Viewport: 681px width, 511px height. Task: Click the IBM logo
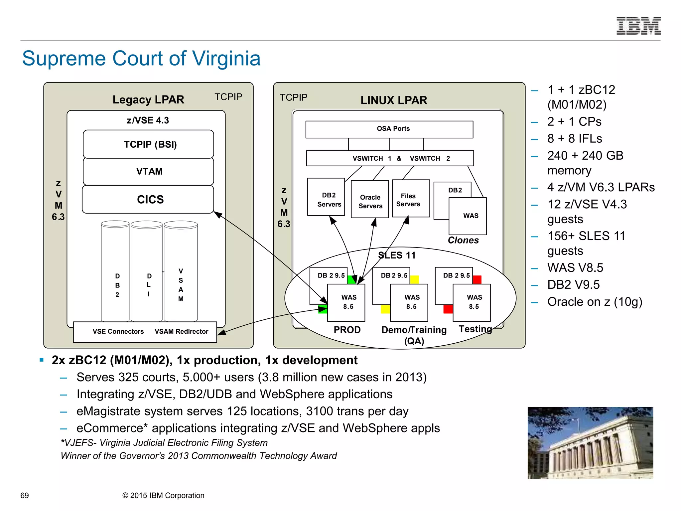(x=638, y=26)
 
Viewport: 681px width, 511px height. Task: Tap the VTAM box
(x=148, y=171)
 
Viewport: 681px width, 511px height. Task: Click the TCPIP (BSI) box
(x=148, y=144)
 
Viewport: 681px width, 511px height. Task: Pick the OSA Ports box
(x=389, y=129)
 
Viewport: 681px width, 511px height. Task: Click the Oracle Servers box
(x=370, y=199)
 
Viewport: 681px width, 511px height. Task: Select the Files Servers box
(x=411, y=199)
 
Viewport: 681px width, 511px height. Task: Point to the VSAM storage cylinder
(x=181, y=271)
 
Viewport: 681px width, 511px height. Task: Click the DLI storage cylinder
(x=146, y=271)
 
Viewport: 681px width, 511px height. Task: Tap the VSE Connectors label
(x=118, y=331)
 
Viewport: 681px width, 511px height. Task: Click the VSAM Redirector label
(x=181, y=331)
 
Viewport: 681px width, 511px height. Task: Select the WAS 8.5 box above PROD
(x=346, y=302)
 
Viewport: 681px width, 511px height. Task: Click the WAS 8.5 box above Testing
(x=472, y=302)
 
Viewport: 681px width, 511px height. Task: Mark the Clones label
(x=463, y=240)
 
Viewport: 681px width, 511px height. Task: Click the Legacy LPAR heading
(x=148, y=99)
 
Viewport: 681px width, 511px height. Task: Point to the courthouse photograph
(x=590, y=443)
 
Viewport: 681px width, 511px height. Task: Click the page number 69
(x=25, y=495)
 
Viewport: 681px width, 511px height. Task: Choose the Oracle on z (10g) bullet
(x=595, y=302)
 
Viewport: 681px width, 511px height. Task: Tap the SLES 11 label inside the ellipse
(x=397, y=255)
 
